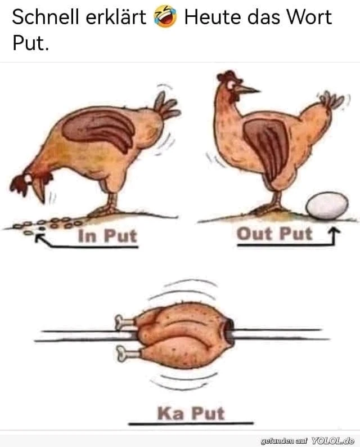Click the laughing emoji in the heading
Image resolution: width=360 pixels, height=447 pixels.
[x=165, y=17]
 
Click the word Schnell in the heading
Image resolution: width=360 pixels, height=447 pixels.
[x=45, y=17]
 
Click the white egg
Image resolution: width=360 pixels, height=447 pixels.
[x=327, y=206]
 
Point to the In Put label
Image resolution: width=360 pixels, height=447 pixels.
[x=107, y=236]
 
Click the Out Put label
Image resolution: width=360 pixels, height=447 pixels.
[x=274, y=234]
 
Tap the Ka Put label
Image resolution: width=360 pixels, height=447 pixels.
[x=191, y=413]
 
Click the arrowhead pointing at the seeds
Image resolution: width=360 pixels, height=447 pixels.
[x=39, y=237]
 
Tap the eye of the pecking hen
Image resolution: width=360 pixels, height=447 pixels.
[x=28, y=178]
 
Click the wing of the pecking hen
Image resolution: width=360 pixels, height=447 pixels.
[x=100, y=128]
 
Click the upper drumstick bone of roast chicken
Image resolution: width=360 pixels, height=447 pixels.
[x=124, y=322]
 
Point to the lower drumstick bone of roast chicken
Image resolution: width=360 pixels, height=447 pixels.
[x=125, y=353]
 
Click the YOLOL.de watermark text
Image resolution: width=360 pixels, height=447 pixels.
[x=332, y=441]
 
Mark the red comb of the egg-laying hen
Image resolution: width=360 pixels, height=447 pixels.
[x=227, y=75]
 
